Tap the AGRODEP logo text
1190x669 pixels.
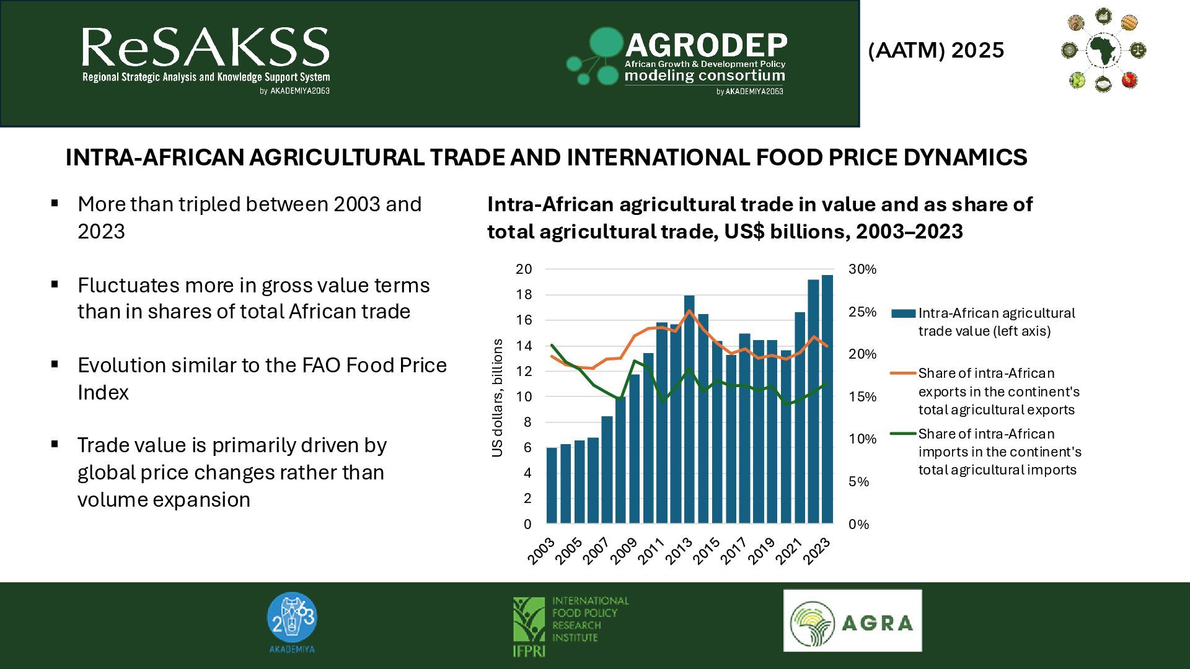pos(705,46)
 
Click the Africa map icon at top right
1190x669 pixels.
pos(1103,50)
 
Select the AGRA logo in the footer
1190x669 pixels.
pos(852,621)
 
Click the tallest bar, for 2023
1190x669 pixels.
pos(827,400)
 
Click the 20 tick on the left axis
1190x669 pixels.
pos(524,269)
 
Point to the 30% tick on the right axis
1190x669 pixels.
pos(863,269)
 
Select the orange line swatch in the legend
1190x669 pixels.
pos(903,374)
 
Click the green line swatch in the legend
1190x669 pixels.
pos(903,434)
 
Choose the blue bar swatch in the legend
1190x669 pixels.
pos(903,313)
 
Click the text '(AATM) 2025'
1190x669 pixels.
pos(936,50)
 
